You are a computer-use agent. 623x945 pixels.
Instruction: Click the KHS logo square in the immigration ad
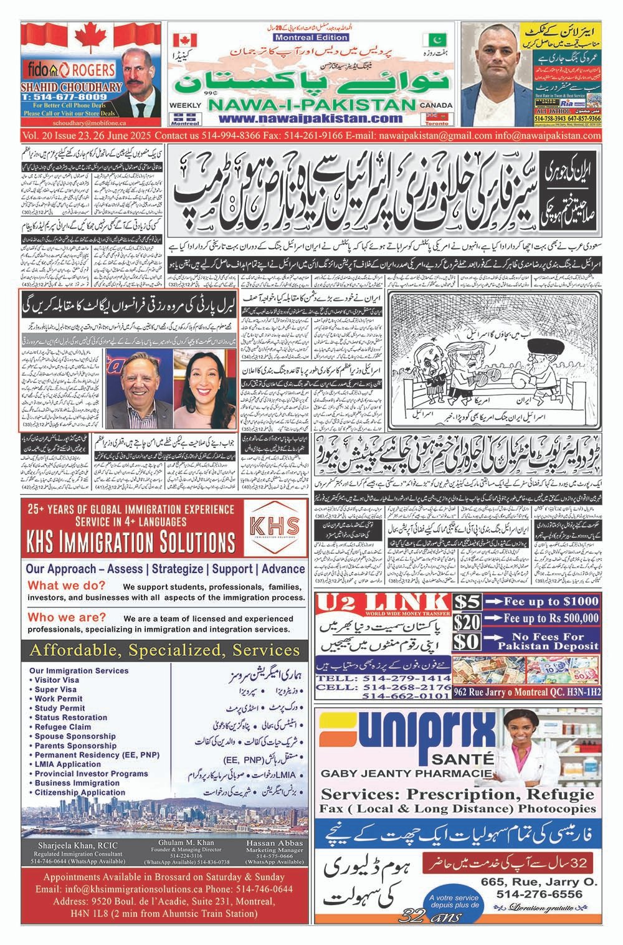[x=273, y=526]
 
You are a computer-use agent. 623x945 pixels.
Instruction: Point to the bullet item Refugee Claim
[x=62, y=726]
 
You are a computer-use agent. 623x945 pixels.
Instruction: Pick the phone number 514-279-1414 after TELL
[x=406, y=678]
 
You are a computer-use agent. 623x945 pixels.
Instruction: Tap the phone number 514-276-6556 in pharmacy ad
[x=540, y=895]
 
